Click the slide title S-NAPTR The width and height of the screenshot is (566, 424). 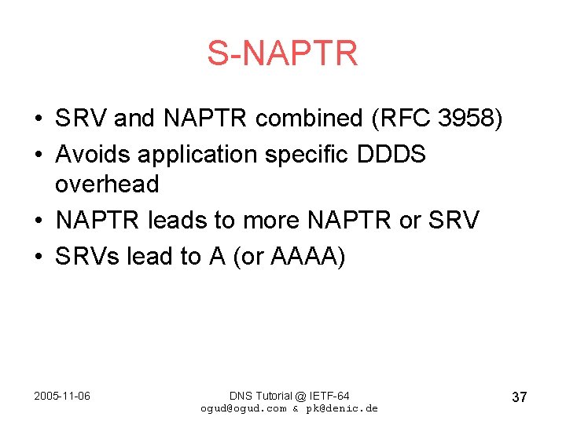(282, 53)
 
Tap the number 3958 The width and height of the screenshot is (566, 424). (468, 119)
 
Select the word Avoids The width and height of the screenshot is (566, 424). (94, 154)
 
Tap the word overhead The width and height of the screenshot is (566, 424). (107, 185)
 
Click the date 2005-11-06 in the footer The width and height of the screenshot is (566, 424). (62, 396)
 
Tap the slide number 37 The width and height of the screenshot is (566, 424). (519, 397)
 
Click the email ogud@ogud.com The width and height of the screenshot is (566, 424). (243, 408)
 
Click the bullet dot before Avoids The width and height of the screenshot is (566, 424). (38, 155)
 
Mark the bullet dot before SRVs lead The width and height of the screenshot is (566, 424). (38, 258)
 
